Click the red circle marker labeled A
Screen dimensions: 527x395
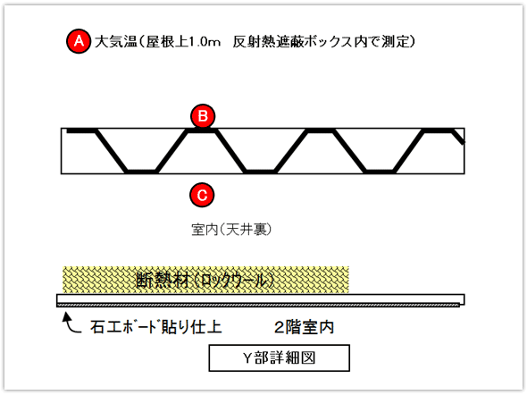(79, 41)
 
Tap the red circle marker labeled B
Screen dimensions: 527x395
(203, 116)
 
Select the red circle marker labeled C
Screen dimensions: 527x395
(202, 195)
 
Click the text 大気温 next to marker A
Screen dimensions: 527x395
(115, 42)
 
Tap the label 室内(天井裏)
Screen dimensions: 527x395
(231, 230)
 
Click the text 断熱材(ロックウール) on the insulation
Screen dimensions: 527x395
(205, 280)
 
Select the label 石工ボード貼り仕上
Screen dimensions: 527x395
(156, 327)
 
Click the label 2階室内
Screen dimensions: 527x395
(305, 327)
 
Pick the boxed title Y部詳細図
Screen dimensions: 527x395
(280, 358)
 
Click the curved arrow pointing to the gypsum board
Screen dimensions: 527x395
(71, 323)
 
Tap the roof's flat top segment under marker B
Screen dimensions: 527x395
(202, 131)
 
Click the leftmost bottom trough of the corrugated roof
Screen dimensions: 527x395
(141, 171)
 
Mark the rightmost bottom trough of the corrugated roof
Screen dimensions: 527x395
(380, 171)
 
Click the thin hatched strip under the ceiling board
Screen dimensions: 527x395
(258, 306)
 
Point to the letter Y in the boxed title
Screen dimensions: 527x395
(247, 358)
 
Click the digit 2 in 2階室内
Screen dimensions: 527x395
(280, 327)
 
